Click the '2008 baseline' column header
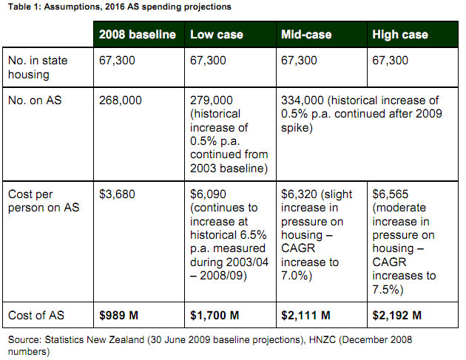pyautogui.click(x=138, y=35)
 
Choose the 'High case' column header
pyautogui.click(x=401, y=35)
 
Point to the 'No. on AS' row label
pyautogui.click(x=36, y=101)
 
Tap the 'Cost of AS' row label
pyautogui.click(x=37, y=315)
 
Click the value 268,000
pyautogui.click(x=120, y=101)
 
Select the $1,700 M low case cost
pyautogui.click(x=215, y=316)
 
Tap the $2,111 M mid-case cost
pyautogui.click(x=306, y=316)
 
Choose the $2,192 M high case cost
pyautogui.click(x=397, y=316)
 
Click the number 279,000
pyautogui.click(x=212, y=101)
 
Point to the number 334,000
pyautogui.click(x=303, y=101)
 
